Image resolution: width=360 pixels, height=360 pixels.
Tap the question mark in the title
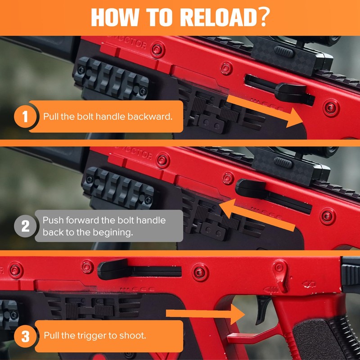[x=263, y=17]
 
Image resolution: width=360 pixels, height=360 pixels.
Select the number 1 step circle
[x=25, y=117]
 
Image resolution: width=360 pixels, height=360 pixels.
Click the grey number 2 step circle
[x=25, y=226]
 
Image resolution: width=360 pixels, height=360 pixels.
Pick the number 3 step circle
[x=25, y=336]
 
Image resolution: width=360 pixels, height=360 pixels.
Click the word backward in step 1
[x=150, y=117]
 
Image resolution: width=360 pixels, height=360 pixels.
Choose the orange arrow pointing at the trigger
[x=206, y=314]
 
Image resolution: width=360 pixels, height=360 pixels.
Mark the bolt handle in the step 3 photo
[x=113, y=269]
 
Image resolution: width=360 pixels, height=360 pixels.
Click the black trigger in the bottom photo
[x=263, y=309]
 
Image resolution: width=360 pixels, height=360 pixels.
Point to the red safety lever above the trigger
[x=282, y=275]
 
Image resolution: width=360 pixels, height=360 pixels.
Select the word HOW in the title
[x=115, y=18]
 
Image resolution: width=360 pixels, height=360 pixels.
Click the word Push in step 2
[x=53, y=220]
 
